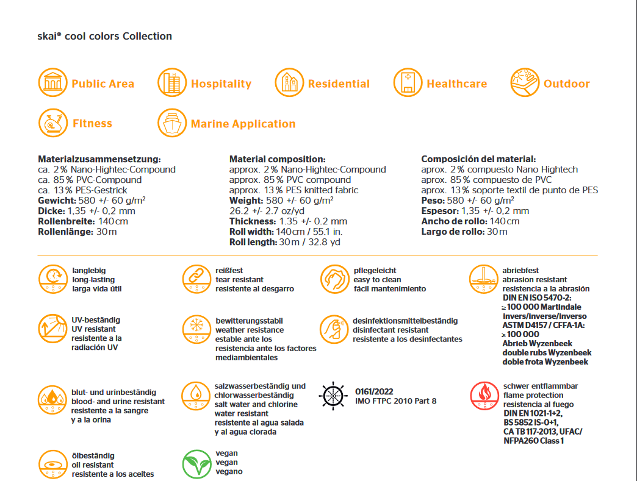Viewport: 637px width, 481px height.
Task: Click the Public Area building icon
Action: pos(52,83)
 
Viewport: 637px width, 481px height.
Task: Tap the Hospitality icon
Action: pos(172,83)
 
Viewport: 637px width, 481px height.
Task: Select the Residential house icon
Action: pos(289,83)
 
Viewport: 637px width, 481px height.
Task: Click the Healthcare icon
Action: pos(408,83)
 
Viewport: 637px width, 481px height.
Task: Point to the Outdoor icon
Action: pos(525,83)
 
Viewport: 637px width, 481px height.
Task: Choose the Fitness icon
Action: pos(52,123)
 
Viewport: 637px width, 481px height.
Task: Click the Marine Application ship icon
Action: pos(172,123)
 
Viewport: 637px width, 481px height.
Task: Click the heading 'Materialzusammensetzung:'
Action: pos(99,159)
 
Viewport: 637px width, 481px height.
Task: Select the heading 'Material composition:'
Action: pos(277,159)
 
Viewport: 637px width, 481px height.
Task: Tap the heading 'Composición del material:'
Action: pos(478,159)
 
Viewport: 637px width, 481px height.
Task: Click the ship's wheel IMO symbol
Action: pos(333,396)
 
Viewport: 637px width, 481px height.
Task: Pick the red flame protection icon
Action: pos(484,396)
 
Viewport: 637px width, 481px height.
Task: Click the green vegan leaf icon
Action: pos(196,464)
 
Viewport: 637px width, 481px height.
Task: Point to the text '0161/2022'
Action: pos(374,391)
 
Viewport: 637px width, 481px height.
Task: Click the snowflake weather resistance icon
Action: pos(196,330)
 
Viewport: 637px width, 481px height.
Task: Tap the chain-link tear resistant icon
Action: pos(196,279)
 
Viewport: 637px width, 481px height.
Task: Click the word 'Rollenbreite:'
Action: pos(66,221)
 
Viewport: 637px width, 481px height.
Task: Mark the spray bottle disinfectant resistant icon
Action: pos(334,330)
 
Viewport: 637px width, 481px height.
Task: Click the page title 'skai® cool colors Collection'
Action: pos(105,36)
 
